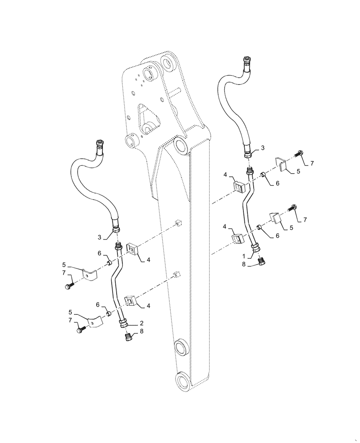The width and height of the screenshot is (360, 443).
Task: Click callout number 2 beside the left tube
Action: (141, 323)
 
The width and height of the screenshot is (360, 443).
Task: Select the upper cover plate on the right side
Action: (281, 163)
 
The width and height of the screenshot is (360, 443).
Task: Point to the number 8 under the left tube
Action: (141, 331)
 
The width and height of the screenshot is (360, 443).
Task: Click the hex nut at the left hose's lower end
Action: (117, 229)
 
